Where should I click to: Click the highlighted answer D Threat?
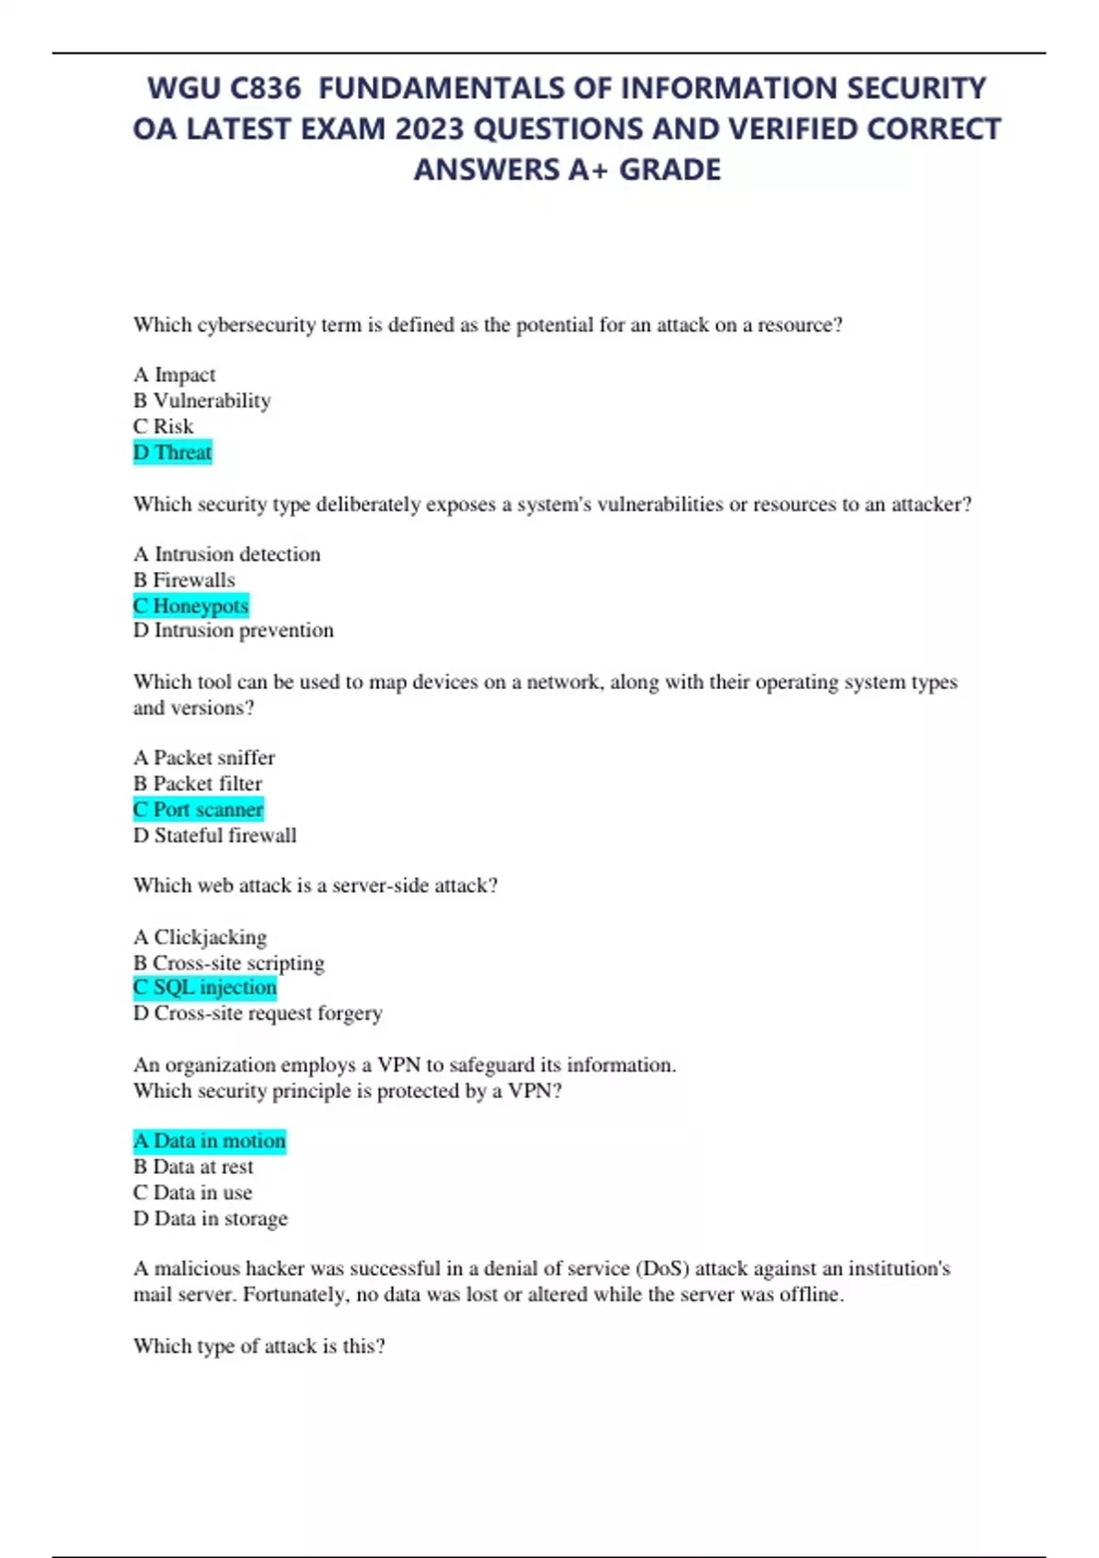(x=172, y=453)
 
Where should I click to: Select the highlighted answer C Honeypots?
(x=190, y=606)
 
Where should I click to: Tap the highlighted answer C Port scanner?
(x=198, y=809)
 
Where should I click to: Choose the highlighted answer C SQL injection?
(x=204, y=987)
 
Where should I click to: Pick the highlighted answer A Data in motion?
(x=209, y=1141)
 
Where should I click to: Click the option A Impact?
(x=174, y=375)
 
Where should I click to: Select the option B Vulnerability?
(x=201, y=400)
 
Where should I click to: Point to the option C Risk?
(x=163, y=426)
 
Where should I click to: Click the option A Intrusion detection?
(x=226, y=554)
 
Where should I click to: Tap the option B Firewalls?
(x=184, y=580)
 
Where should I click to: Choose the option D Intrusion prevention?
(x=233, y=631)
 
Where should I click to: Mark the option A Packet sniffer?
(x=203, y=758)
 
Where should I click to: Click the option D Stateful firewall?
(x=214, y=835)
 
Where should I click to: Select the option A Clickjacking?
(x=200, y=937)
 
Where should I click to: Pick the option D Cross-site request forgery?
(x=257, y=1014)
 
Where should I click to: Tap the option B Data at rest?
(x=193, y=1167)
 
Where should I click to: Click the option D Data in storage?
(x=210, y=1218)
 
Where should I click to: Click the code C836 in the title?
(x=265, y=88)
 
